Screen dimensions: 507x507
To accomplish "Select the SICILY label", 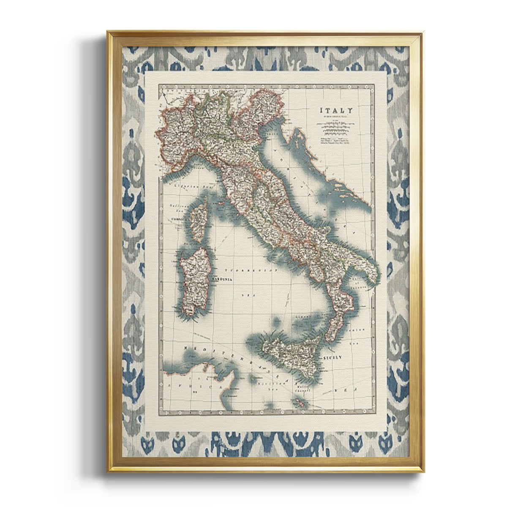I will (332, 357).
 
